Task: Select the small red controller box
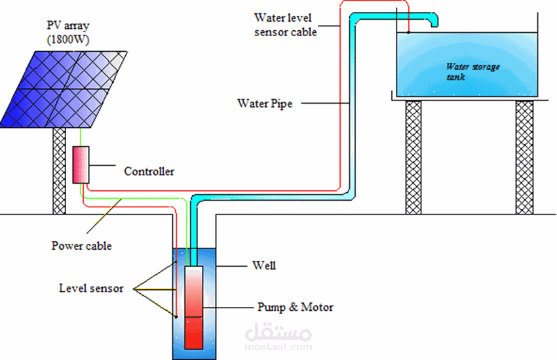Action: tap(81, 164)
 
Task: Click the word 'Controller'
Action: tap(149, 172)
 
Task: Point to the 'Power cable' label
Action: tap(81, 247)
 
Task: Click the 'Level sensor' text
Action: tap(91, 288)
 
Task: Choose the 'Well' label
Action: tap(264, 266)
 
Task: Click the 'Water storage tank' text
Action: tap(472, 71)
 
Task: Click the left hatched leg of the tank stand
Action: tap(413, 157)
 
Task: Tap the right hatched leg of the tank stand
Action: tap(524, 157)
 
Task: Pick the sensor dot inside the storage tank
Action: tap(408, 31)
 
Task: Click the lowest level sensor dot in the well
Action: tap(177, 318)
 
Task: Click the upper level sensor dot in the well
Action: tap(177, 264)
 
